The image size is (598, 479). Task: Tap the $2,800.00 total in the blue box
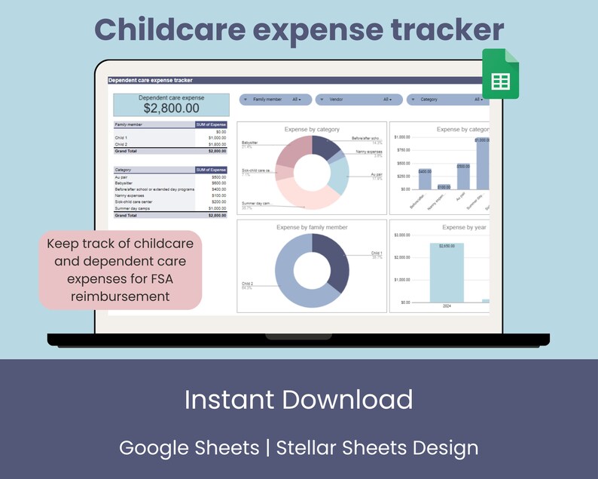tap(171, 109)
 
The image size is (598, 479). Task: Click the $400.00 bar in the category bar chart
tap(425, 180)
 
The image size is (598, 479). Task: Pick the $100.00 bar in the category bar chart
tap(444, 187)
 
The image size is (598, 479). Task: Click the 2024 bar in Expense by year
tap(447, 272)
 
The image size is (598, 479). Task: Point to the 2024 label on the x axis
tap(447, 307)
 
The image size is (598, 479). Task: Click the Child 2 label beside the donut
tap(247, 284)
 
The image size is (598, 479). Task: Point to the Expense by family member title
tap(312, 227)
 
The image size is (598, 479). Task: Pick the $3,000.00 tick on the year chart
tap(402, 235)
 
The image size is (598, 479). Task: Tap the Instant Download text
tap(298, 399)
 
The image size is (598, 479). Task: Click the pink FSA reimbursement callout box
tap(121, 270)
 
